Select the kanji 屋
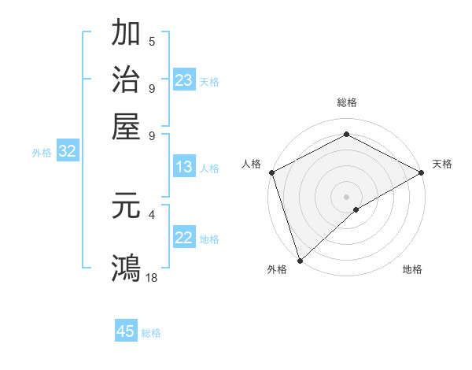pos(127,126)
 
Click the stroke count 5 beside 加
pos(152,42)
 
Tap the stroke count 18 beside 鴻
pos(153,277)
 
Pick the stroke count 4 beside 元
pos(152,214)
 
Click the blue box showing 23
pos(184,80)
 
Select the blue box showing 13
pos(184,167)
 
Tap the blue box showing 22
pos(184,238)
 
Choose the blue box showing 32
pos(68,152)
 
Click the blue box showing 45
pos(126,331)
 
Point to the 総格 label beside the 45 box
pos(151,333)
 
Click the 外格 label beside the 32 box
pos(42,153)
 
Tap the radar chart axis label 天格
pos(442,164)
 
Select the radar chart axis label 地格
pos(412,270)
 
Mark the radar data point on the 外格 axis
pos(299,261)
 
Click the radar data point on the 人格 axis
pos(271,172)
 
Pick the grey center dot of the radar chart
pos(346,196)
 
